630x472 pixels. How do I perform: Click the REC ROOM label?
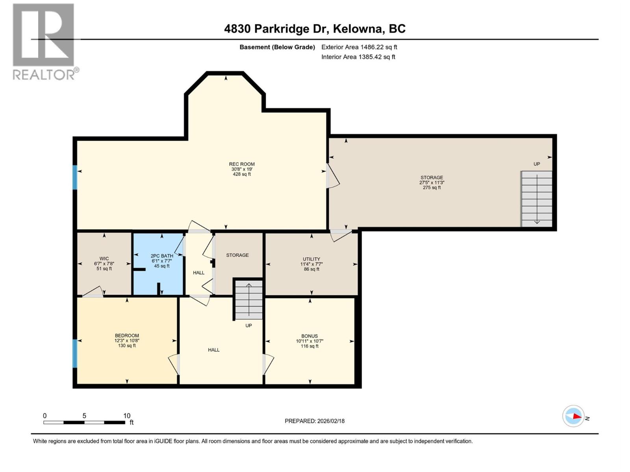pos(242,164)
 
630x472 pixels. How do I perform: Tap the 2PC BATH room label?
pos(161,256)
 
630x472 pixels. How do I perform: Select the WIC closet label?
pos(104,259)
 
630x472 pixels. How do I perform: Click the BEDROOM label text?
pos(127,336)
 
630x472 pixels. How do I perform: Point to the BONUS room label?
pos(309,336)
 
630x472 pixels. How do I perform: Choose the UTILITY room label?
pos(311,259)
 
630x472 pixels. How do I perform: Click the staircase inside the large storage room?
pos(536,199)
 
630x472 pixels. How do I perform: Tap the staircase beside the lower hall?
pos(248,299)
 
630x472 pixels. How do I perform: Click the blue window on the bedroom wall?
pos(75,353)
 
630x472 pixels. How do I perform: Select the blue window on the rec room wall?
pos(75,177)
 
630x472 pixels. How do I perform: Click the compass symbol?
pos(573,416)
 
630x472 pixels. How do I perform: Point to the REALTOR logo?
pos(44,42)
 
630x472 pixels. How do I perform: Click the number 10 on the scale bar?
pos(127,416)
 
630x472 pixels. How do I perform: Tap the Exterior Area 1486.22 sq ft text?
pos(359,47)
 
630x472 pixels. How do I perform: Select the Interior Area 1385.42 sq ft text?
pos(358,57)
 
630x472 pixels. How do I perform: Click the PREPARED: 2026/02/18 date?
pos(314,421)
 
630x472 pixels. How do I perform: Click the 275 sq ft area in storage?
pos(432,188)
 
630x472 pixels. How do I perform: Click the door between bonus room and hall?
pos(267,364)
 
